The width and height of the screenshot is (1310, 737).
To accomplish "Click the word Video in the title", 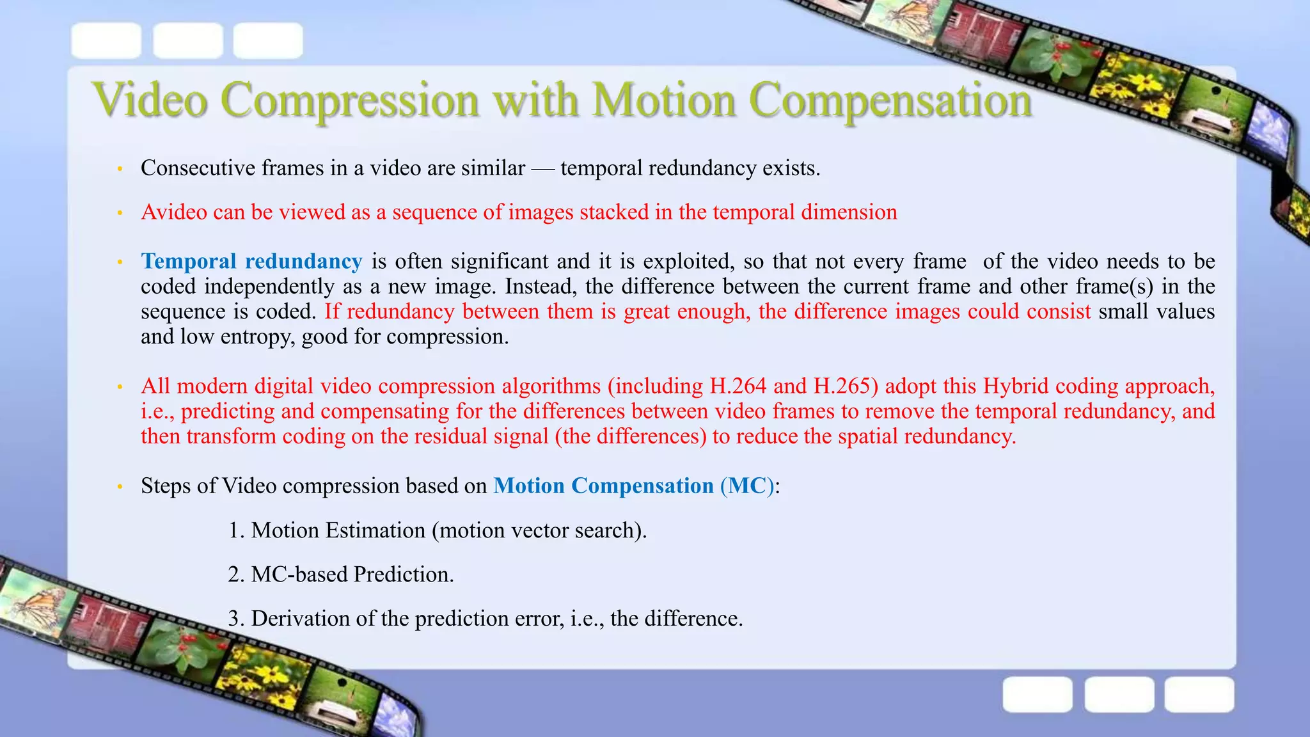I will [x=150, y=100].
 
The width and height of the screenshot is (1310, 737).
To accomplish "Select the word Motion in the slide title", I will [x=663, y=100].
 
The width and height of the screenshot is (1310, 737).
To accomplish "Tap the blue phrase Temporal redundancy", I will [x=251, y=262].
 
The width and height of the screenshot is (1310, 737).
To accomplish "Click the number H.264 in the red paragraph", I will [x=738, y=386].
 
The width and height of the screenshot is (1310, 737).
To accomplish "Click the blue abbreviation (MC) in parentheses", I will [x=746, y=486].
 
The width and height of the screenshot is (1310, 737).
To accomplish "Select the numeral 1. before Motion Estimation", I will [x=236, y=530].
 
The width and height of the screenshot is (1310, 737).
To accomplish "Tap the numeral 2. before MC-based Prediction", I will [x=236, y=575].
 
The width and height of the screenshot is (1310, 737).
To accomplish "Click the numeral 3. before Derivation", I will [x=236, y=619].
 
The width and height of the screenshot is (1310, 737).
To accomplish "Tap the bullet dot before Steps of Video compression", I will [x=120, y=487].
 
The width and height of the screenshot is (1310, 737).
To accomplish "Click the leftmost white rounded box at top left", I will [x=106, y=40].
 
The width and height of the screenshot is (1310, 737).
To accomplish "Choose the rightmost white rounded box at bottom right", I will [x=1199, y=694].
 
